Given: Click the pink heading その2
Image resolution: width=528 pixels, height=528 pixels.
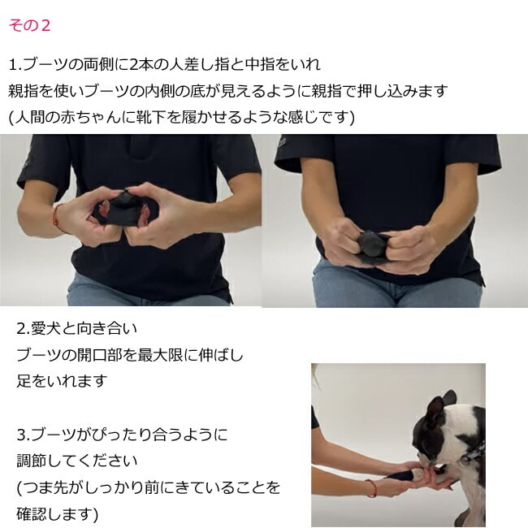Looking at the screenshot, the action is click(x=29, y=26).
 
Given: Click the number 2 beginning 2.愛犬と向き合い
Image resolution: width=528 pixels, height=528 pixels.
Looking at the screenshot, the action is click(x=22, y=329).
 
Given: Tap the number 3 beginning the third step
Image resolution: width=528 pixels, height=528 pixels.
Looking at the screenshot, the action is click(x=22, y=435).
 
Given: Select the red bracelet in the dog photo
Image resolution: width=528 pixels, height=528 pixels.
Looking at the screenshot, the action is click(x=372, y=488).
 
